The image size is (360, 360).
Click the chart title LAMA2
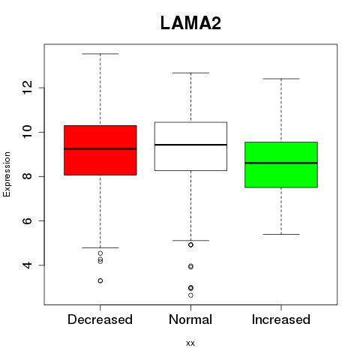click(190, 23)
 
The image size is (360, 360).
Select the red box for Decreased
click(100, 150)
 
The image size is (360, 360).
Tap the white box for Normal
click(190, 146)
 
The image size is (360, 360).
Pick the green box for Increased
click(281, 165)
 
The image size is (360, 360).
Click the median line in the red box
click(100, 148)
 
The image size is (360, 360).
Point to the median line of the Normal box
click(190, 145)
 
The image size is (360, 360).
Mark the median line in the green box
click(281, 163)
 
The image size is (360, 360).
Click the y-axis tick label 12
click(28, 88)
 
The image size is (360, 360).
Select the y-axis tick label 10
click(28, 132)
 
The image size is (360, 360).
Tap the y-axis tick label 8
click(28, 176)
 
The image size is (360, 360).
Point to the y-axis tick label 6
click(28, 220)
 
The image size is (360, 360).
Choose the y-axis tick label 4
click(28, 265)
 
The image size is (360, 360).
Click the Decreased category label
click(100, 319)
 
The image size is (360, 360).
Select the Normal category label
click(190, 319)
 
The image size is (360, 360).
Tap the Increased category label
click(281, 319)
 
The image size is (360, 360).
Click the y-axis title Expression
click(7, 174)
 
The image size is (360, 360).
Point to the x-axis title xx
click(190, 343)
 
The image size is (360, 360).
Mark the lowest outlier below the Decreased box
click(100, 280)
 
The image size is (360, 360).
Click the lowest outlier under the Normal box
click(190, 295)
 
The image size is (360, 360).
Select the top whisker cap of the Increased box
click(281, 79)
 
